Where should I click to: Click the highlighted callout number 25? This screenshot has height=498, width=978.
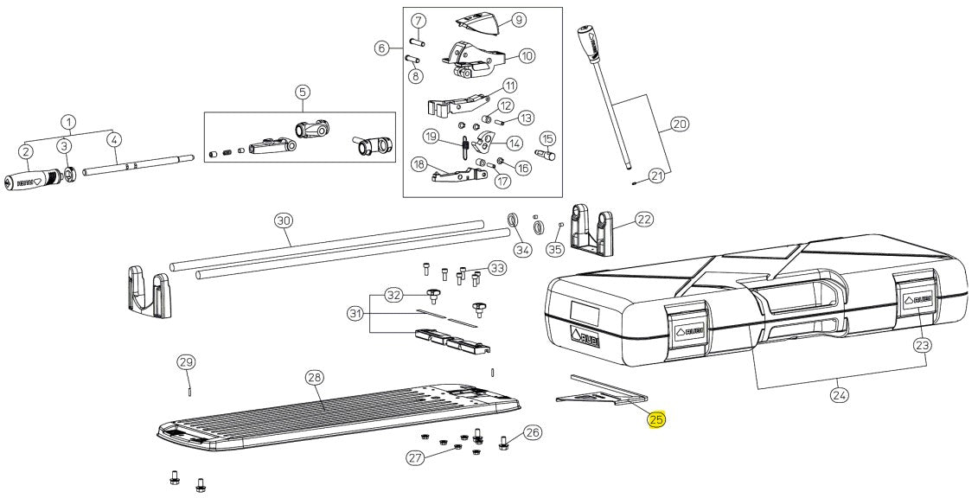pyautogui.click(x=656, y=420)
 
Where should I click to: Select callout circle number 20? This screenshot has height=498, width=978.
pyautogui.click(x=680, y=124)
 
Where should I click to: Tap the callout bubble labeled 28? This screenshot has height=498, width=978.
pyautogui.click(x=314, y=378)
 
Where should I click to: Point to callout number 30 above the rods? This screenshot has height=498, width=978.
pyautogui.click(x=284, y=220)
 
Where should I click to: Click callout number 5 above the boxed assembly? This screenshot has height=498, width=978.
pyautogui.click(x=301, y=92)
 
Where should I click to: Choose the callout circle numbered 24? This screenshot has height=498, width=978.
pyautogui.click(x=840, y=395)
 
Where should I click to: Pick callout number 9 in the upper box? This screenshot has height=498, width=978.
pyautogui.click(x=518, y=19)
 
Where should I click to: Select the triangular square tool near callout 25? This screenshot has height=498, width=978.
pyautogui.click(x=598, y=392)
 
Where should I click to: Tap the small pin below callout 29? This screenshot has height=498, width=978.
pyautogui.click(x=187, y=390)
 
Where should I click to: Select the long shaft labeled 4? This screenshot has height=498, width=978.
pyautogui.click(x=138, y=165)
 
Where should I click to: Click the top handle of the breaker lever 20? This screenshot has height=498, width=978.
pyautogui.click(x=588, y=36)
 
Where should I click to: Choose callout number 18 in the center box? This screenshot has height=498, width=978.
pyautogui.click(x=419, y=163)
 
